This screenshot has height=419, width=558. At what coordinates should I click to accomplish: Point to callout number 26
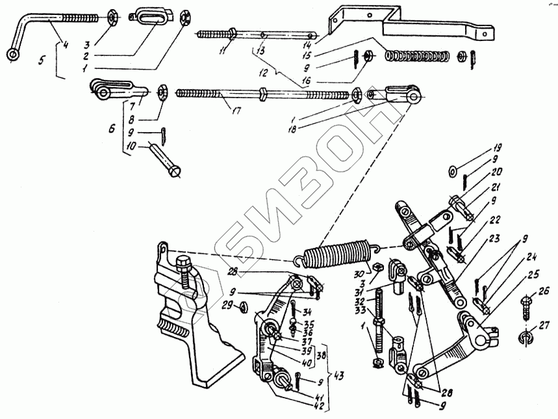point(543,291)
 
